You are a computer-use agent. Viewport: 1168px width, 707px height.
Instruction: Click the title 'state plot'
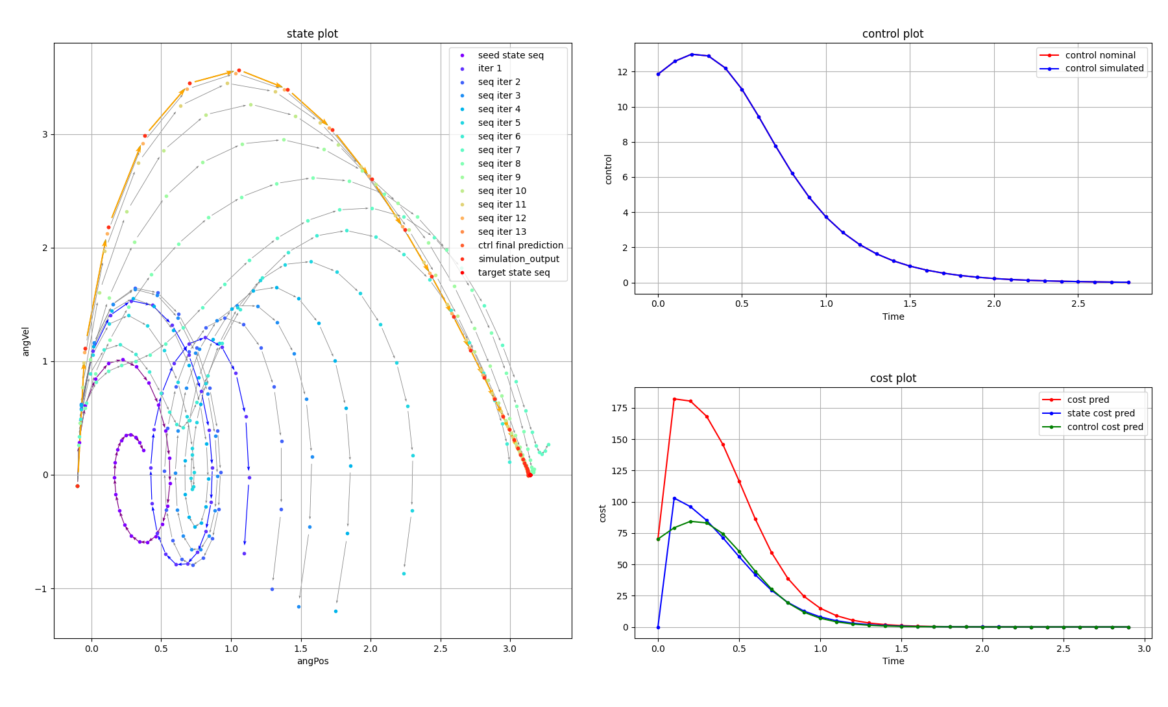pyautogui.click(x=312, y=34)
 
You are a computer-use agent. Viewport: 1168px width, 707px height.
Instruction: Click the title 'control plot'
pyautogui.click(x=892, y=34)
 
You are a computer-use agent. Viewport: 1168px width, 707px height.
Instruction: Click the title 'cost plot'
pyautogui.click(x=893, y=378)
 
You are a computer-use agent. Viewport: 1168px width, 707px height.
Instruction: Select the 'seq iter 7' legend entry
pyautogui.click(x=499, y=150)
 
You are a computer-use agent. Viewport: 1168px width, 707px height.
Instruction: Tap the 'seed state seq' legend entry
pyautogui.click(x=511, y=55)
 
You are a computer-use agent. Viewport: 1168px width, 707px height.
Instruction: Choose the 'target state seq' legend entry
pyautogui.click(x=513, y=272)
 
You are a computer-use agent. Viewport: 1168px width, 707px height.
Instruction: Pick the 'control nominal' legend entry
pyautogui.click(x=1100, y=55)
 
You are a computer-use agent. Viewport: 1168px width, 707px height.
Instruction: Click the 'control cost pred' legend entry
pyautogui.click(x=1104, y=427)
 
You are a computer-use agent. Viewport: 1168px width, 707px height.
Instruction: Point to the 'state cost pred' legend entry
pyautogui.click(x=1101, y=413)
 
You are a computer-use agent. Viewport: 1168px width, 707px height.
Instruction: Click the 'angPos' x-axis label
pyautogui.click(x=313, y=661)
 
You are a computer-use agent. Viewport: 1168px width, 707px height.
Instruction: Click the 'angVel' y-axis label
pyautogui.click(x=26, y=341)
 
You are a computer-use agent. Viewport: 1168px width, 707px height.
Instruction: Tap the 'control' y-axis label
pyautogui.click(x=608, y=169)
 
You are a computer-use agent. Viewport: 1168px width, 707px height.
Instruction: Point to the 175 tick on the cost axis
pyautogui.click(x=621, y=408)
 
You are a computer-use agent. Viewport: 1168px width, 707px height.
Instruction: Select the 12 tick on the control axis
pyautogui.click(x=624, y=72)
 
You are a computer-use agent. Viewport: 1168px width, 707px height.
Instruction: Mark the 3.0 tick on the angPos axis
pyautogui.click(x=510, y=648)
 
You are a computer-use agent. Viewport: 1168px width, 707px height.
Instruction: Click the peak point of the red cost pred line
pyautogui.click(x=674, y=399)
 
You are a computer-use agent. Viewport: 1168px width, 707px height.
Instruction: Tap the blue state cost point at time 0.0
pyautogui.click(x=658, y=627)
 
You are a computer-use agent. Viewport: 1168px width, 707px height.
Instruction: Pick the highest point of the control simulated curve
pyautogui.click(x=692, y=54)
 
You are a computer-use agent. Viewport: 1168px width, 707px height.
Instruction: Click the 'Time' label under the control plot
pyautogui.click(x=893, y=317)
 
